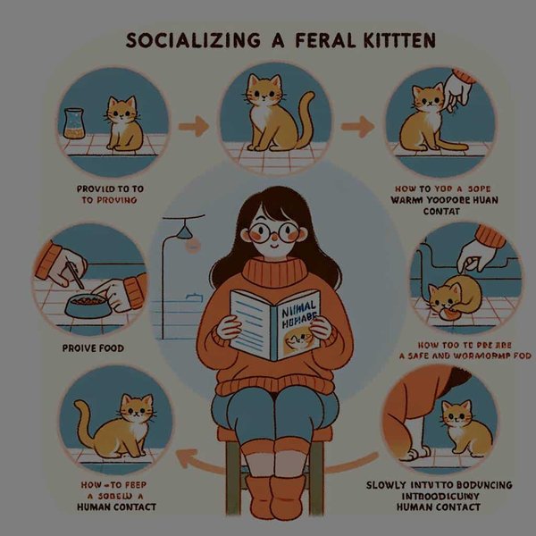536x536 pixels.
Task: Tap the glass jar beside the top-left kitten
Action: pos(76,125)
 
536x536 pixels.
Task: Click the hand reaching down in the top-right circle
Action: pos(458,90)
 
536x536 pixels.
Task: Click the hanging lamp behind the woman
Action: pos(187,230)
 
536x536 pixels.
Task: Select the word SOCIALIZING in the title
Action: pos(183,41)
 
